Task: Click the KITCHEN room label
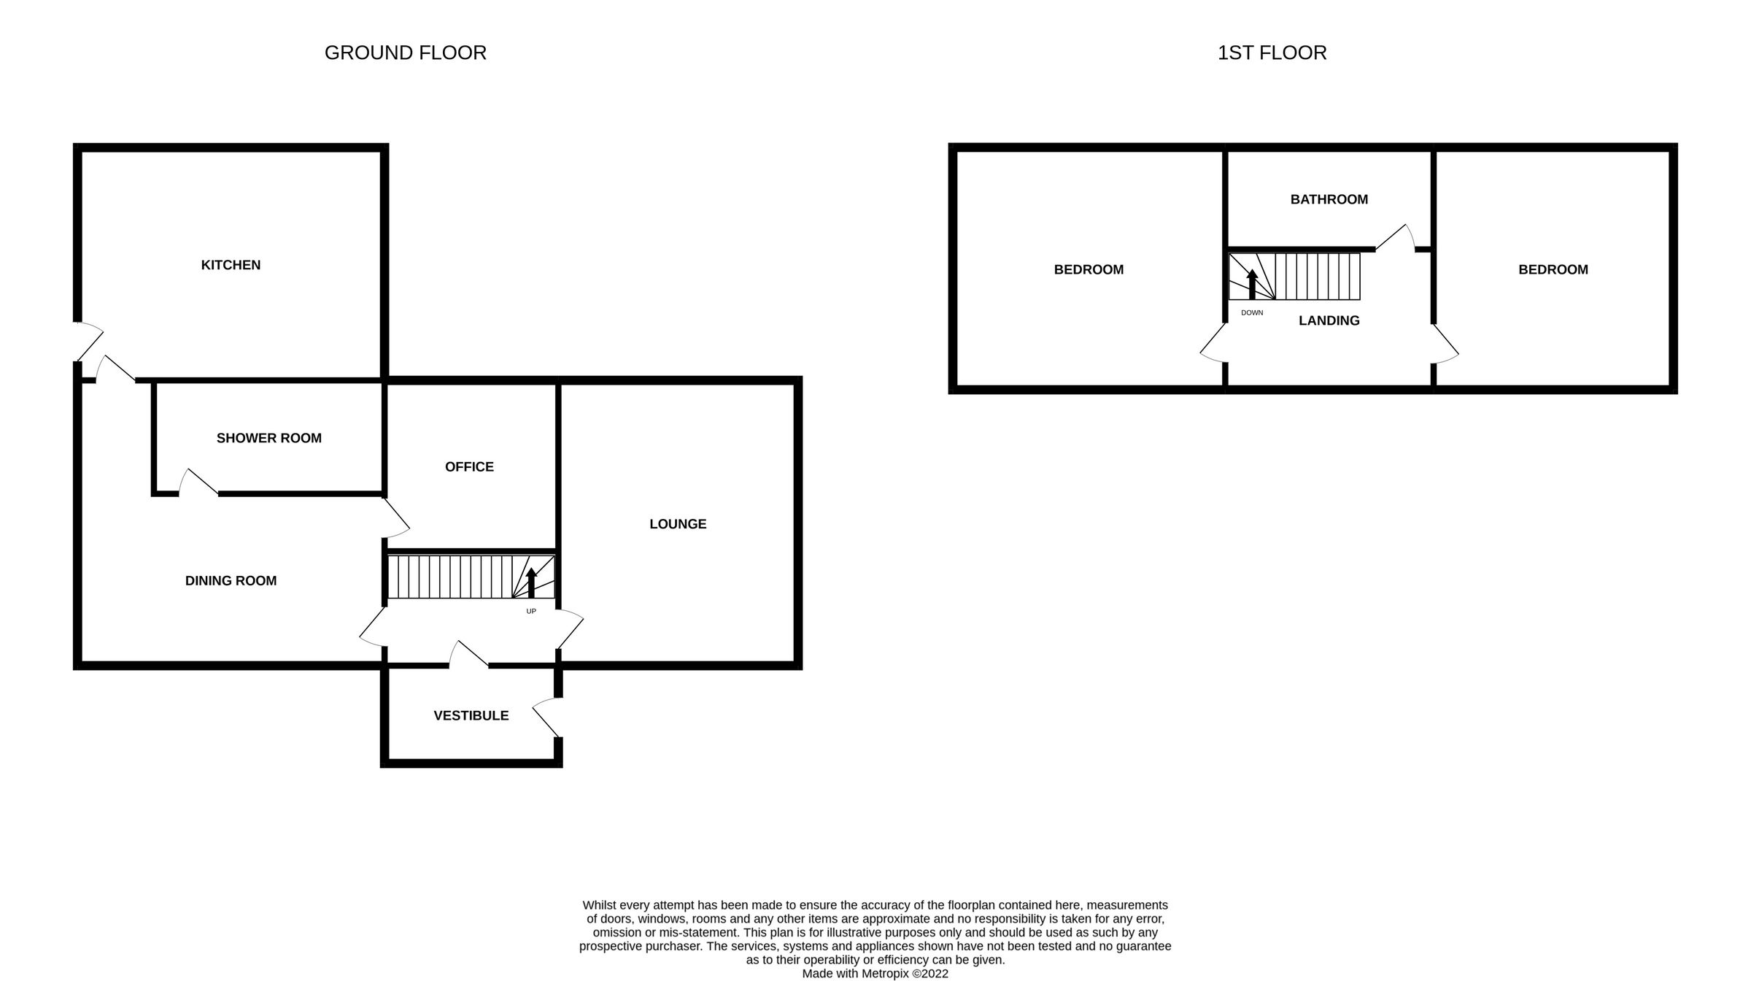tap(231, 265)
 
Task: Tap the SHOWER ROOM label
tap(268, 438)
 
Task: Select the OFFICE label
tap(469, 466)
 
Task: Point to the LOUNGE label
tap(678, 524)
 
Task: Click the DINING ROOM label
tap(231, 581)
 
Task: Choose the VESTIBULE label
tap(471, 716)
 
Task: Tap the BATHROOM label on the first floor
tap(1329, 199)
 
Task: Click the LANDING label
tap(1329, 320)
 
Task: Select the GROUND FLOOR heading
tap(405, 53)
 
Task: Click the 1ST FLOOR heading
tap(1272, 53)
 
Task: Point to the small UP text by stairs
tap(531, 611)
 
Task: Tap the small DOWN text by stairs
tap(1251, 312)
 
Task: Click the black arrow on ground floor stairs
tap(531, 582)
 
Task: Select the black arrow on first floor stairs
tap(1252, 284)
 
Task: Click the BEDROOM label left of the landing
tap(1089, 269)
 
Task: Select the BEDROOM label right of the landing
tap(1553, 269)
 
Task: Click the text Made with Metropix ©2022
tap(875, 974)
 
